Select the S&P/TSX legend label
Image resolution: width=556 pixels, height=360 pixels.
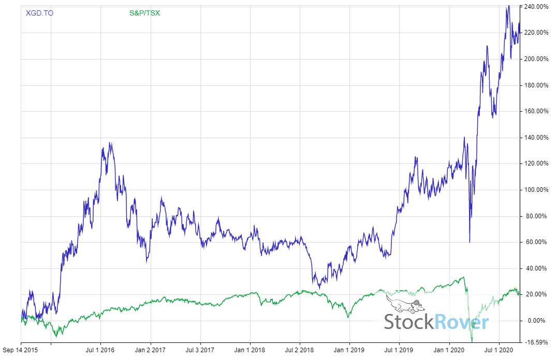pyautogui.click(x=145, y=13)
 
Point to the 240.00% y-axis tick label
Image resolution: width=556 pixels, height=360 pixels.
pyautogui.click(x=536, y=7)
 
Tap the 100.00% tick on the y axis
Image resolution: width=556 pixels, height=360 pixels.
pyautogui.click(x=536, y=190)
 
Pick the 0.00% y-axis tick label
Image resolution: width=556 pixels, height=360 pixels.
pyautogui.click(x=537, y=321)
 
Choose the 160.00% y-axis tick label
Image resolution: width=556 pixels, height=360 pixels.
pyautogui.click(x=536, y=111)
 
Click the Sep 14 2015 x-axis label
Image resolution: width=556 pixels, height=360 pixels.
pyautogui.click(x=21, y=350)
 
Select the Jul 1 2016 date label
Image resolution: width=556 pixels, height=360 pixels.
pyautogui.click(x=100, y=350)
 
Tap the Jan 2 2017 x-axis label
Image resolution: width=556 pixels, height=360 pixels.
pyautogui.click(x=150, y=350)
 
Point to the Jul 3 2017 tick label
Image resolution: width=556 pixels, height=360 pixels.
pyautogui.click(x=200, y=350)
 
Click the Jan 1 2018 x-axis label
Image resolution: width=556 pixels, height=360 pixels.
pyautogui.click(x=250, y=350)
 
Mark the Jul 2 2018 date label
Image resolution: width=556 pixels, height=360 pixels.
pyautogui.click(x=299, y=350)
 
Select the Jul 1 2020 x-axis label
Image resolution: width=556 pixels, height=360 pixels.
pyautogui.click(x=499, y=350)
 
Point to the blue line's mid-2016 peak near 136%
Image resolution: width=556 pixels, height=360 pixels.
pyautogui.click(x=110, y=143)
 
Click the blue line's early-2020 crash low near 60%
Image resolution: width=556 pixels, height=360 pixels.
pyautogui.click(x=470, y=242)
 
